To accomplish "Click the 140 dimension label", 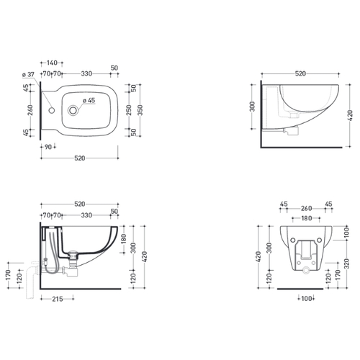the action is (x=52, y=63).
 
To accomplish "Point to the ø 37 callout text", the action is (x=28, y=75).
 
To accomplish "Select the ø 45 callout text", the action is (x=89, y=100).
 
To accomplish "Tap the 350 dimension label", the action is (x=140, y=110).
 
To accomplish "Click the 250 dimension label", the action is (x=129, y=110).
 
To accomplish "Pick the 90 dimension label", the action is (x=48, y=147).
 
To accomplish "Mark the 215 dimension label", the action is (x=58, y=299).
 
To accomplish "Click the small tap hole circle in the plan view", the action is (x=52, y=111).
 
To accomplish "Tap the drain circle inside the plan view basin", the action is (x=73, y=110).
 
